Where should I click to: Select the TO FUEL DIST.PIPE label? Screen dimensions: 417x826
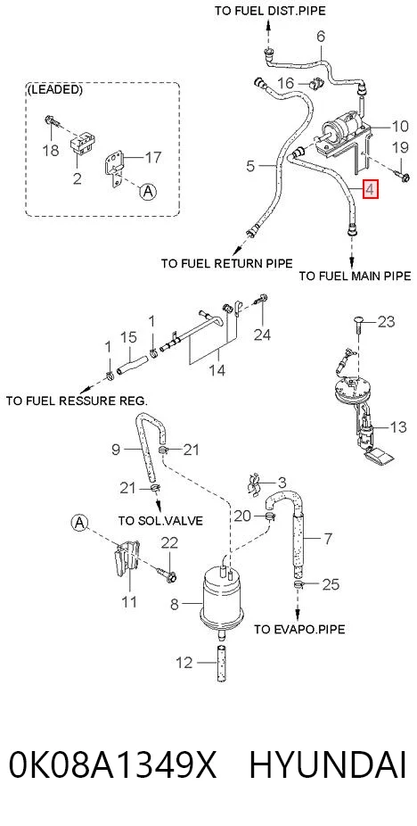[x=270, y=11]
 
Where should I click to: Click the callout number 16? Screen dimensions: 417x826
[x=285, y=83]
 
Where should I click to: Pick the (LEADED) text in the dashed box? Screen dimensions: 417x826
[x=55, y=89]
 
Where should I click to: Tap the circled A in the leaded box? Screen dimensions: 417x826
[x=148, y=193]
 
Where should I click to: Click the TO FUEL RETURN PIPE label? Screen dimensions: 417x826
[x=227, y=263]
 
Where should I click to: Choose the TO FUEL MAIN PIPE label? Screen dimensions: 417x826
[x=355, y=276]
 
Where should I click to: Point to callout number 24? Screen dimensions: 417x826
[x=262, y=334]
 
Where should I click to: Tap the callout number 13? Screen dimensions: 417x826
[x=398, y=426]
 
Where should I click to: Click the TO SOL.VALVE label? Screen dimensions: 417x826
[x=160, y=520]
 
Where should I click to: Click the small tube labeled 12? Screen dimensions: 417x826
[x=222, y=663]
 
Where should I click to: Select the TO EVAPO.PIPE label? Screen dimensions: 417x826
[x=299, y=629]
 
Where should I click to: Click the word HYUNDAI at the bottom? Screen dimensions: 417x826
[x=328, y=764]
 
